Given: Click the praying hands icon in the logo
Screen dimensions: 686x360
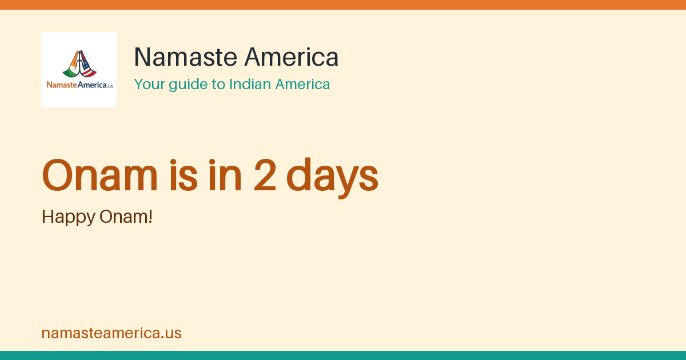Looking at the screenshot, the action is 79,63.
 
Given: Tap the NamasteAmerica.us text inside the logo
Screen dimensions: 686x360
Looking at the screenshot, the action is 79,85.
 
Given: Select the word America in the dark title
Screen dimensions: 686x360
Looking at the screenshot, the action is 291,57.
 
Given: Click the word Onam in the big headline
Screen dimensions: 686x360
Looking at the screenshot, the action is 99,175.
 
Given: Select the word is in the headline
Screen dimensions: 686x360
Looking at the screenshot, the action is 184,175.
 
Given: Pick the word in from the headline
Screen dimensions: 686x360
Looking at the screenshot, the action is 225,175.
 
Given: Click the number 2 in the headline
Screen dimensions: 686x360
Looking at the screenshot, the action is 265,175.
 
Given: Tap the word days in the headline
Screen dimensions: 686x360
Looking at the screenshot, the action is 332,178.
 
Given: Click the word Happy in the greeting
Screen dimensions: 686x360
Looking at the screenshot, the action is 68,218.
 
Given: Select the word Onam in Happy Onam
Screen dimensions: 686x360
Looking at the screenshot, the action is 122,217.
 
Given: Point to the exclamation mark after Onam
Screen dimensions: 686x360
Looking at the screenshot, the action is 150,217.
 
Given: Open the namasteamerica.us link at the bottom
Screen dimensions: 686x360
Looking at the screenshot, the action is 111,333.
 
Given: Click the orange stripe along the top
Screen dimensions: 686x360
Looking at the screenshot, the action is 343,5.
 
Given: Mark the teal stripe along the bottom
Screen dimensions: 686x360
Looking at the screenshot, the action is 343,355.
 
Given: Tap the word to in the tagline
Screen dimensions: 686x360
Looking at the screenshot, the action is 218,84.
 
